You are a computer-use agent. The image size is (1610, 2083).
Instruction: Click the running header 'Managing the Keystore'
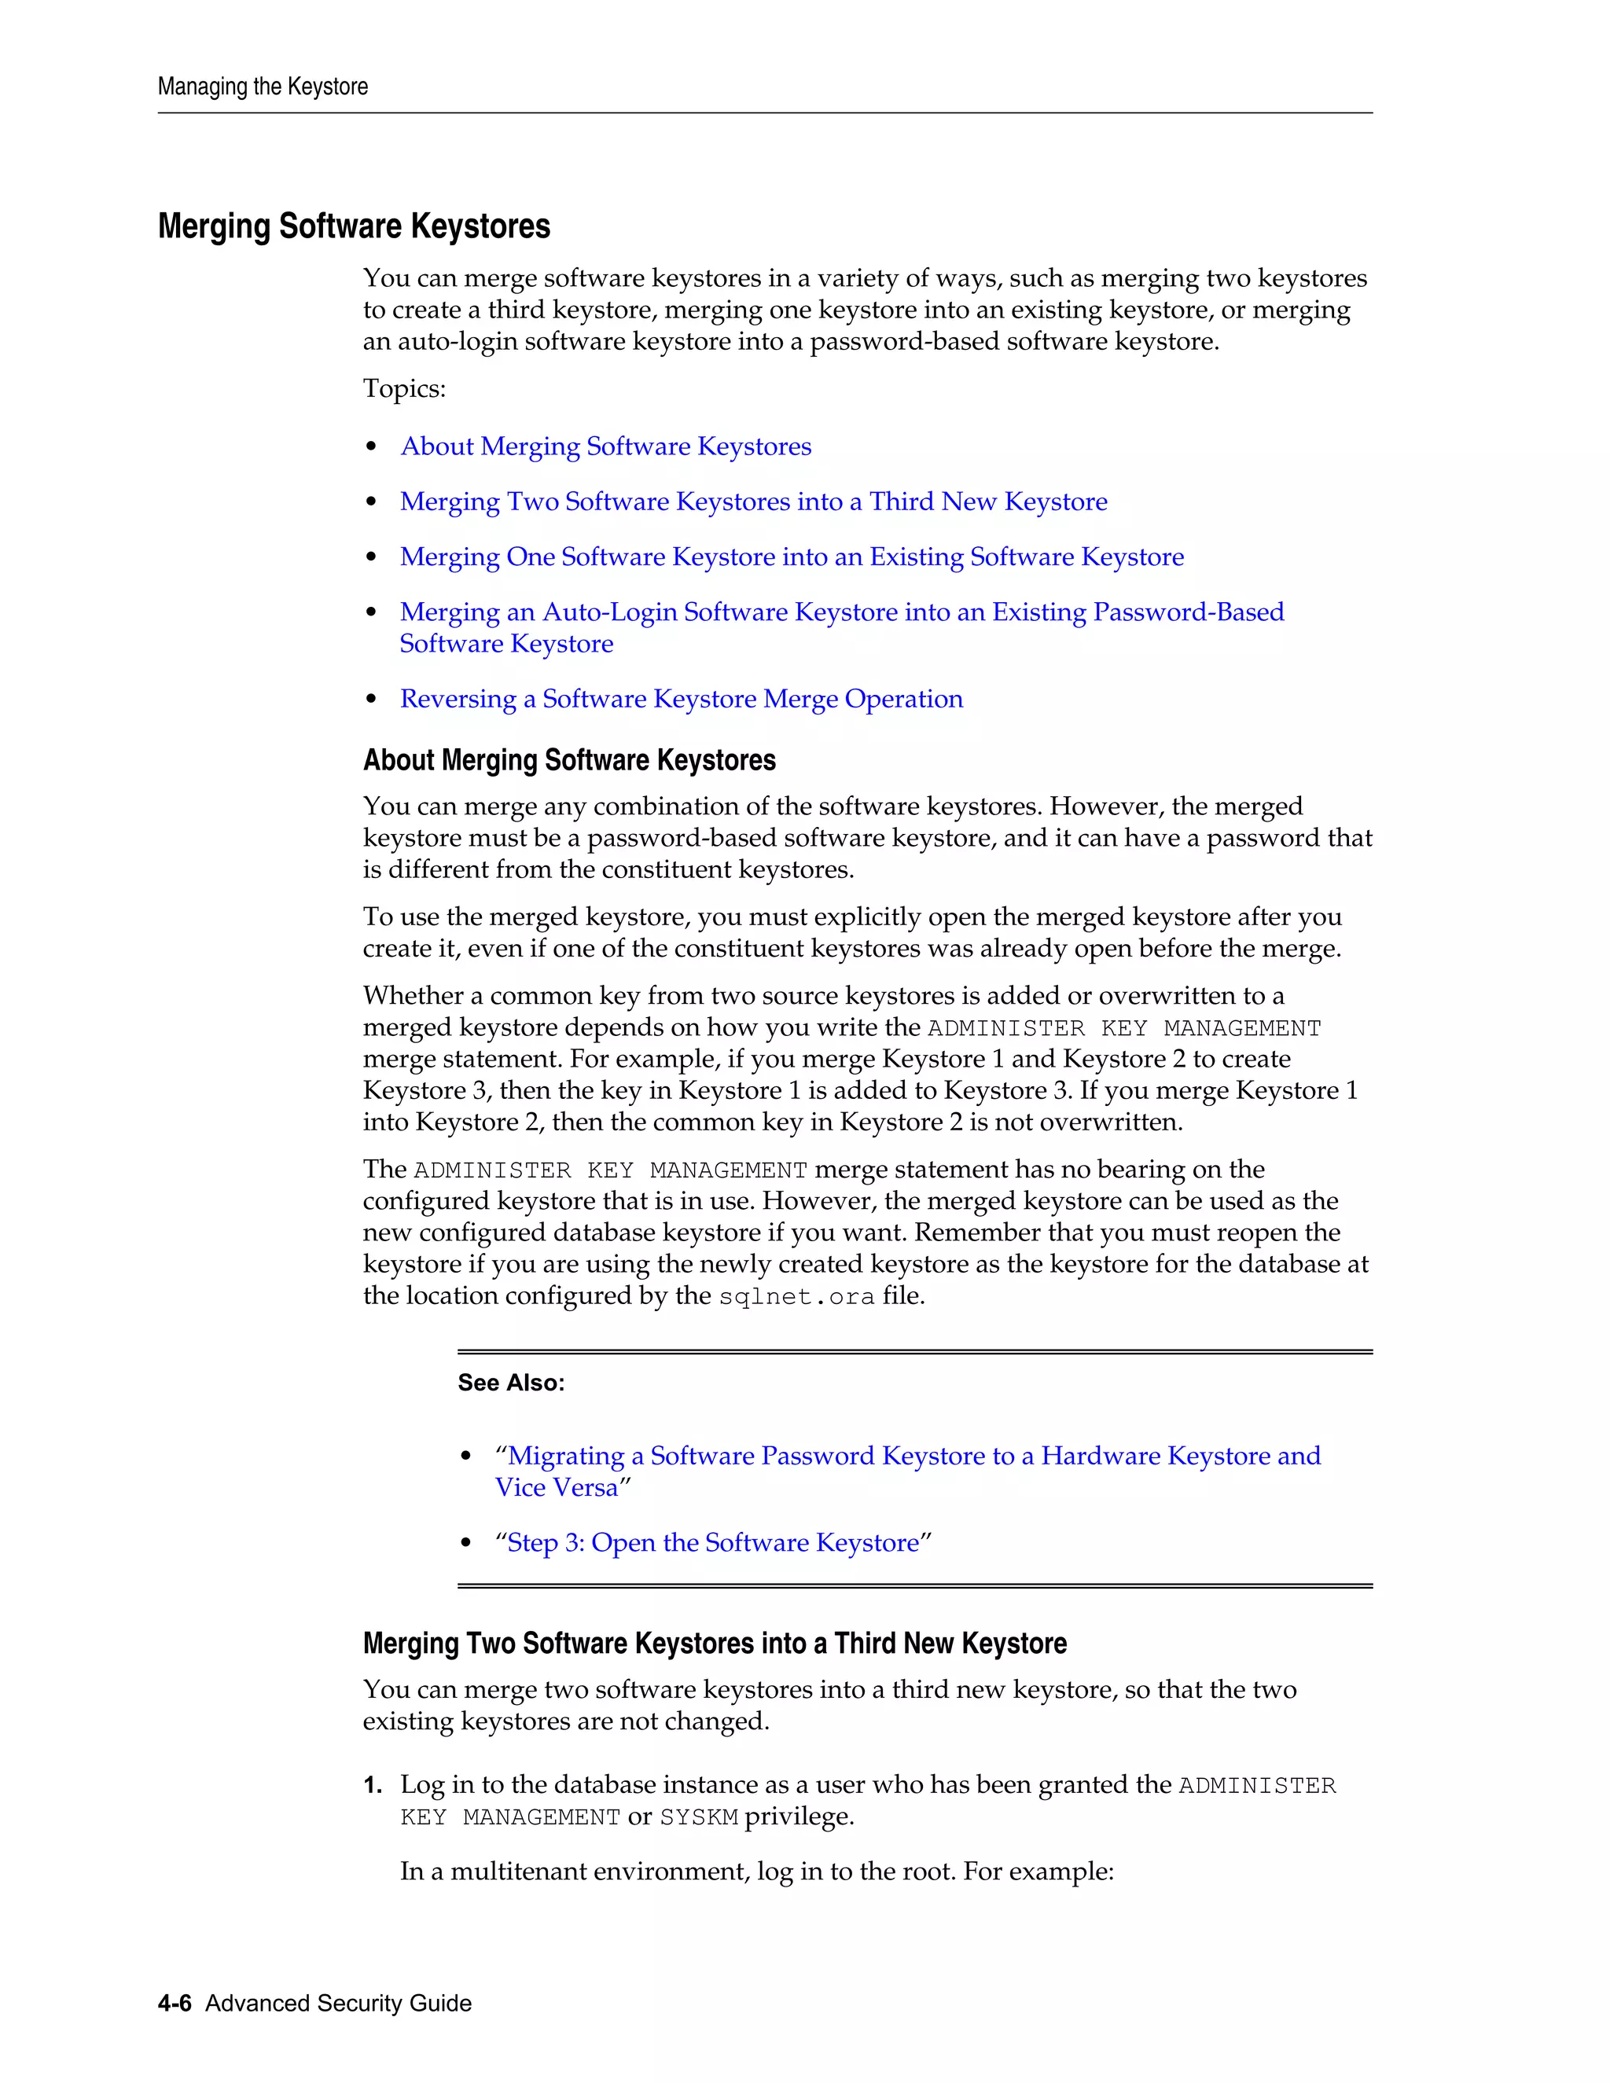click(x=263, y=86)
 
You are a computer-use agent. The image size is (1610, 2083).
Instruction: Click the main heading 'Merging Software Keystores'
click(x=354, y=227)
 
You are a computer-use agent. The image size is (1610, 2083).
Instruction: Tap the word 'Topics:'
click(x=404, y=389)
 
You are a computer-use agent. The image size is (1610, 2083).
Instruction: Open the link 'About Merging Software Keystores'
click(x=605, y=446)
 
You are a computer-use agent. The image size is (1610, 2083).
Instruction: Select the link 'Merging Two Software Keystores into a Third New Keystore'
click(x=753, y=501)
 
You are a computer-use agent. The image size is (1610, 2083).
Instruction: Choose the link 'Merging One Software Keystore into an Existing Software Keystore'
click(x=792, y=557)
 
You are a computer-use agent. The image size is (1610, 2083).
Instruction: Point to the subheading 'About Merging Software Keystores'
click(x=569, y=760)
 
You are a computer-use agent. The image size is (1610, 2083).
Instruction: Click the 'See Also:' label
click(x=511, y=1383)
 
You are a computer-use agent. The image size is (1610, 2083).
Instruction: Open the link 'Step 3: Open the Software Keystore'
click(x=714, y=1543)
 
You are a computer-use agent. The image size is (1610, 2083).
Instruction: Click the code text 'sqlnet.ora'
click(x=796, y=1297)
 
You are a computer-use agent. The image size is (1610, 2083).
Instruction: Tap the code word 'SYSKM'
click(x=699, y=1818)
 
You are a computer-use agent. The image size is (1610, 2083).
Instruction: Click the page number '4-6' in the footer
click(x=175, y=2003)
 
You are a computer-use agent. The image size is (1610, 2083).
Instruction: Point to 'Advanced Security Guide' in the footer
click(x=339, y=2003)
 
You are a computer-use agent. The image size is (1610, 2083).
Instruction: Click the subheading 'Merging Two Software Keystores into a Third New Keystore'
click(x=715, y=1644)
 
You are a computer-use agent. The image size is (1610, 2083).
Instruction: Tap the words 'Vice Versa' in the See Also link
click(x=557, y=1488)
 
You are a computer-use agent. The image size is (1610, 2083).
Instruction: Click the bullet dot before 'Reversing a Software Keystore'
click(x=372, y=700)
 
